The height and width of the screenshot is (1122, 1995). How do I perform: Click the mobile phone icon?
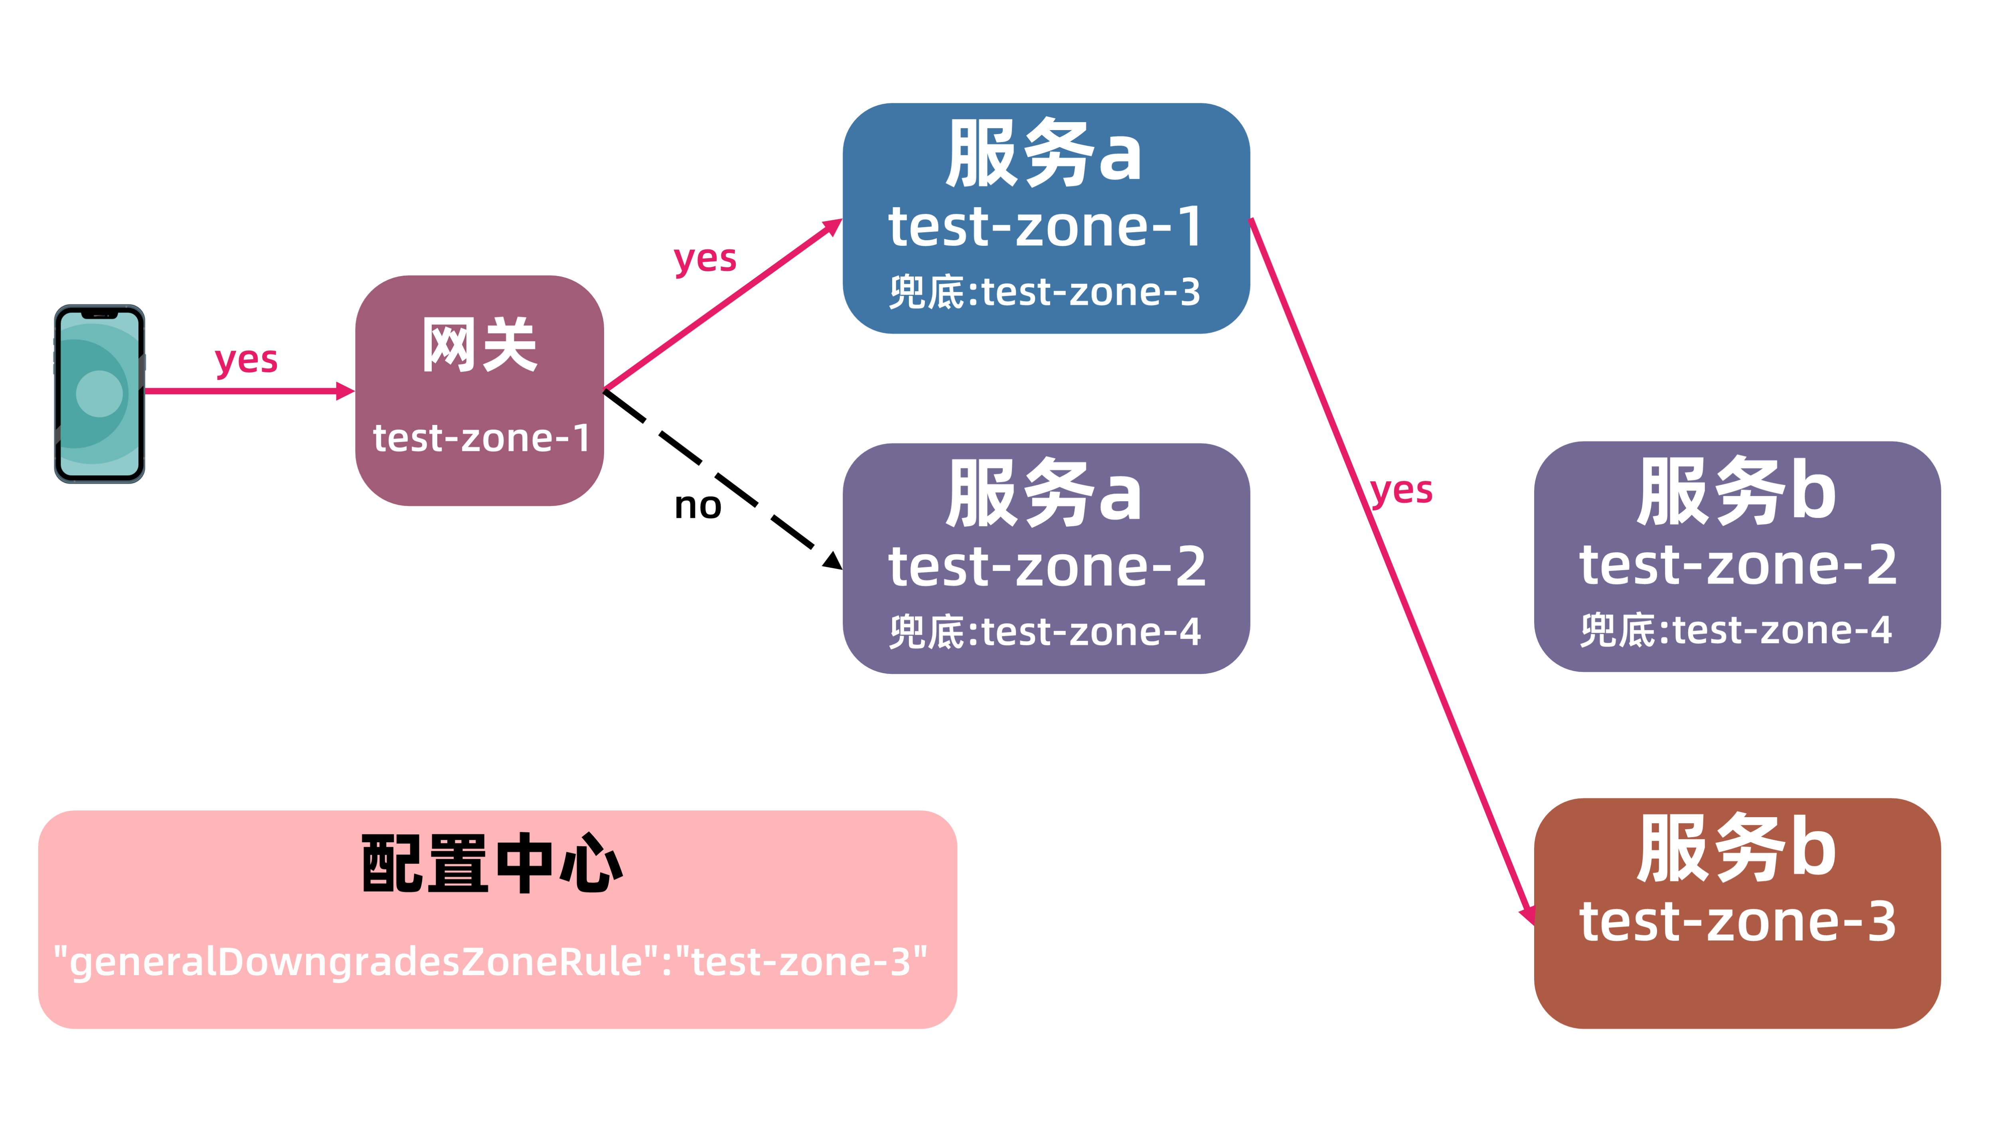pos(99,393)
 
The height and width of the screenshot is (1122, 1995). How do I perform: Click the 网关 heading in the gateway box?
pos(479,346)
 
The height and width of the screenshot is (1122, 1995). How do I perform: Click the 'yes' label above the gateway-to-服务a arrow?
pos(705,259)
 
